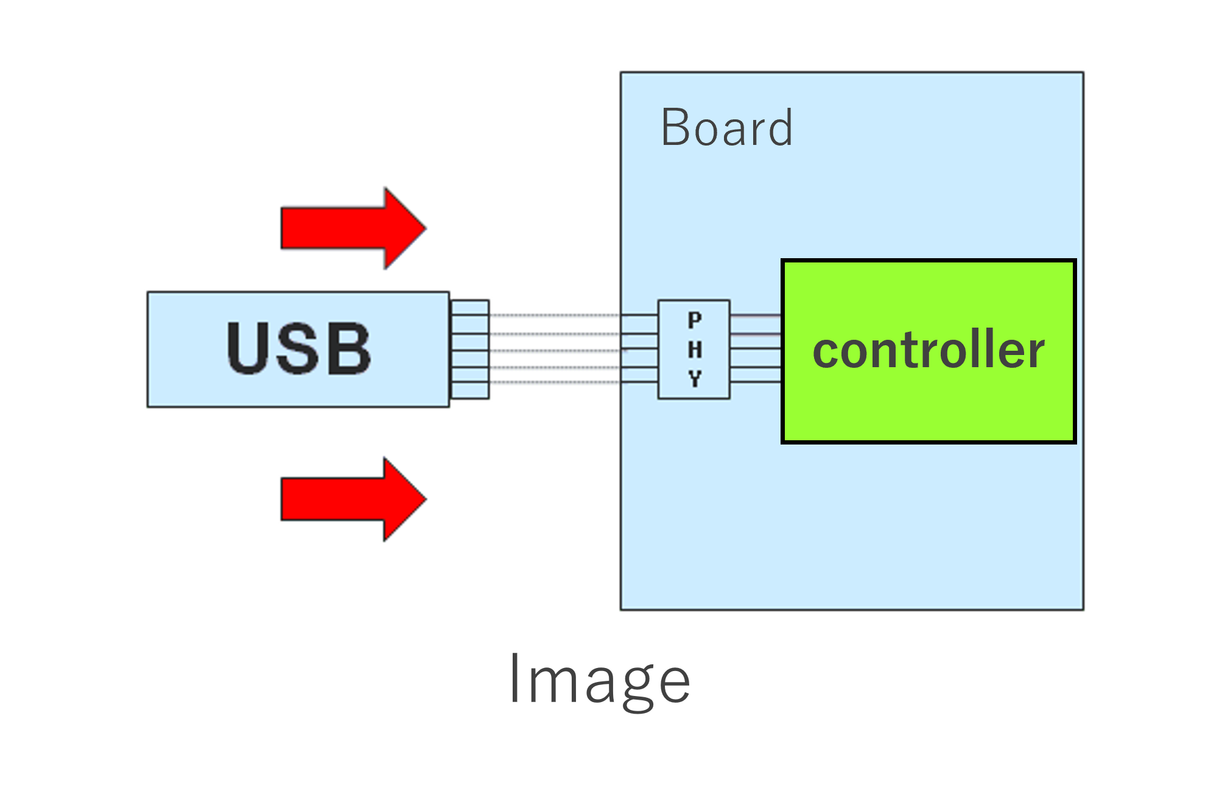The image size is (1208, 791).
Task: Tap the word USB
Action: pyautogui.click(x=298, y=348)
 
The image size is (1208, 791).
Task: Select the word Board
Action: pyautogui.click(x=726, y=128)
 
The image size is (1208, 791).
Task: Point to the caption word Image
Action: pyautogui.click(x=600, y=680)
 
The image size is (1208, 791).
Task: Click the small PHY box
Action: pyautogui.click(x=694, y=350)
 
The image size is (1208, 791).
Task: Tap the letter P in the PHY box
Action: pyautogui.click(x=695, y=320)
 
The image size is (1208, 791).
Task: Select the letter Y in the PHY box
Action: pyautogui.click(x=695, y=379)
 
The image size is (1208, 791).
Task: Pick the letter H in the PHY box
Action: pyautogui.click(x=695, y=350)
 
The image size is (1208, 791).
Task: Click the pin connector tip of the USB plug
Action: pyautogui.click(x=469, y=350)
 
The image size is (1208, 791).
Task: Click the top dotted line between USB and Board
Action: pyautogui.click(x=554, y=315)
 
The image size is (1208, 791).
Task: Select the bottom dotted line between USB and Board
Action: pyautogui.click(x=554, y=382)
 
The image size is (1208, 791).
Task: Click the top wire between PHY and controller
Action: pyautogui.click(x=755, y=316)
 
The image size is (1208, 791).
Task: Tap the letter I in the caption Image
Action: pyautogui.click(x=514, y=678)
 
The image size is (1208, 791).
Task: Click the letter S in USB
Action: pyautogui.click(x=298, y=348)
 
